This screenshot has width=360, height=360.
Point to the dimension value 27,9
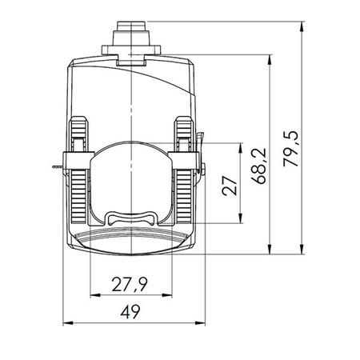pyautogui.click(x=129, y=286)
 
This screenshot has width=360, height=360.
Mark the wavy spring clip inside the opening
pyautogui.click(x=130, y=216)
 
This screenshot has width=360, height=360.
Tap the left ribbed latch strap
pyautogui.click(x=78, y=172)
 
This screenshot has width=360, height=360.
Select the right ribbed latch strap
pyautogui.click(x=183, y=172)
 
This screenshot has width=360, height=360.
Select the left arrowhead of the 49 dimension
pyautogui.click(x=66, y=324)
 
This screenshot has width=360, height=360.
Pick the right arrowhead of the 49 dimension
pyautogui.click(x=194, y=324)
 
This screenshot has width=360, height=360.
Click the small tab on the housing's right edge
pyautogui.click(x=201, y=170)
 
